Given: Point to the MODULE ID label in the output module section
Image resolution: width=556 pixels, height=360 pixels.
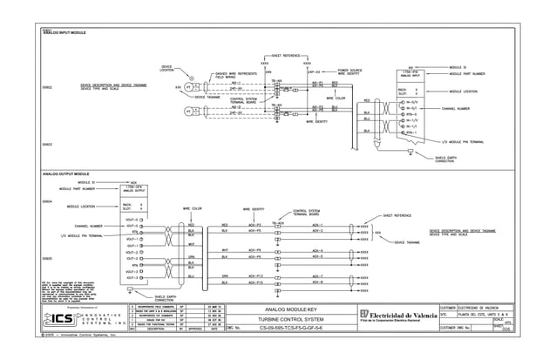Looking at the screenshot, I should (90, 181).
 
